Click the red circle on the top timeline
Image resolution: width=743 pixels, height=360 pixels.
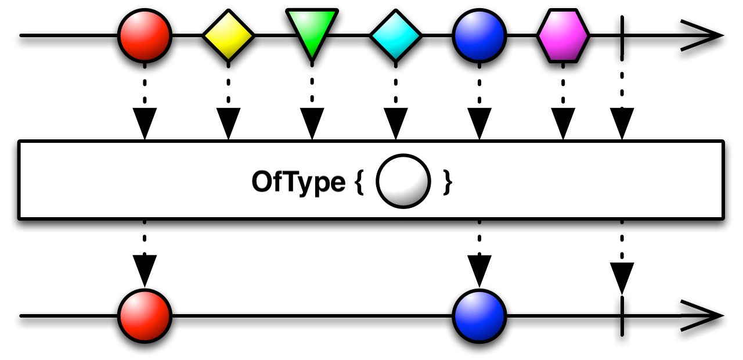click(145, 35)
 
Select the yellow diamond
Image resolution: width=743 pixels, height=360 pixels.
click(228, 35)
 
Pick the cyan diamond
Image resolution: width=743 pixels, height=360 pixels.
click(395, 35)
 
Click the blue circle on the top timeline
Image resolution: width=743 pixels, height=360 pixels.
click(479, 35)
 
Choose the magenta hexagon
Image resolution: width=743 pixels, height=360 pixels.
click(562, 35)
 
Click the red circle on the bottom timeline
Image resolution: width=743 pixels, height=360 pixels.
click(145, 316)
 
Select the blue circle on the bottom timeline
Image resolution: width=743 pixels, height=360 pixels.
click(479, 316)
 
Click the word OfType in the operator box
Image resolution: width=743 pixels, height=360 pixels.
click(298, 182)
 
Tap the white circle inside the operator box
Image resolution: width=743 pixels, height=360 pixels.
click(403, 181)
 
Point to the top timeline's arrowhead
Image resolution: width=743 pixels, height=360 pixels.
click(702, 35)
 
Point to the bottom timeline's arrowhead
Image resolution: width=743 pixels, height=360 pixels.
click(702, 316)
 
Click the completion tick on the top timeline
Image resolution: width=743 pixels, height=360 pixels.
click(622, 35)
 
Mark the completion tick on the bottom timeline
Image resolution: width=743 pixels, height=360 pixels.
click(622, 316)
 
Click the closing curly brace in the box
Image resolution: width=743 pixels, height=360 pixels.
click(446, 182)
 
